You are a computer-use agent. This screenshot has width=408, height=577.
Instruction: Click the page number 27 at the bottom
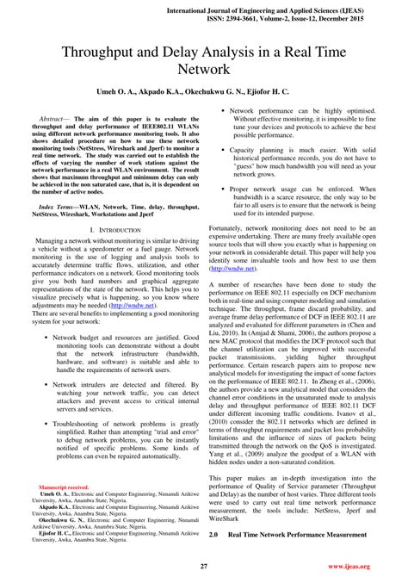click(204, 566)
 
